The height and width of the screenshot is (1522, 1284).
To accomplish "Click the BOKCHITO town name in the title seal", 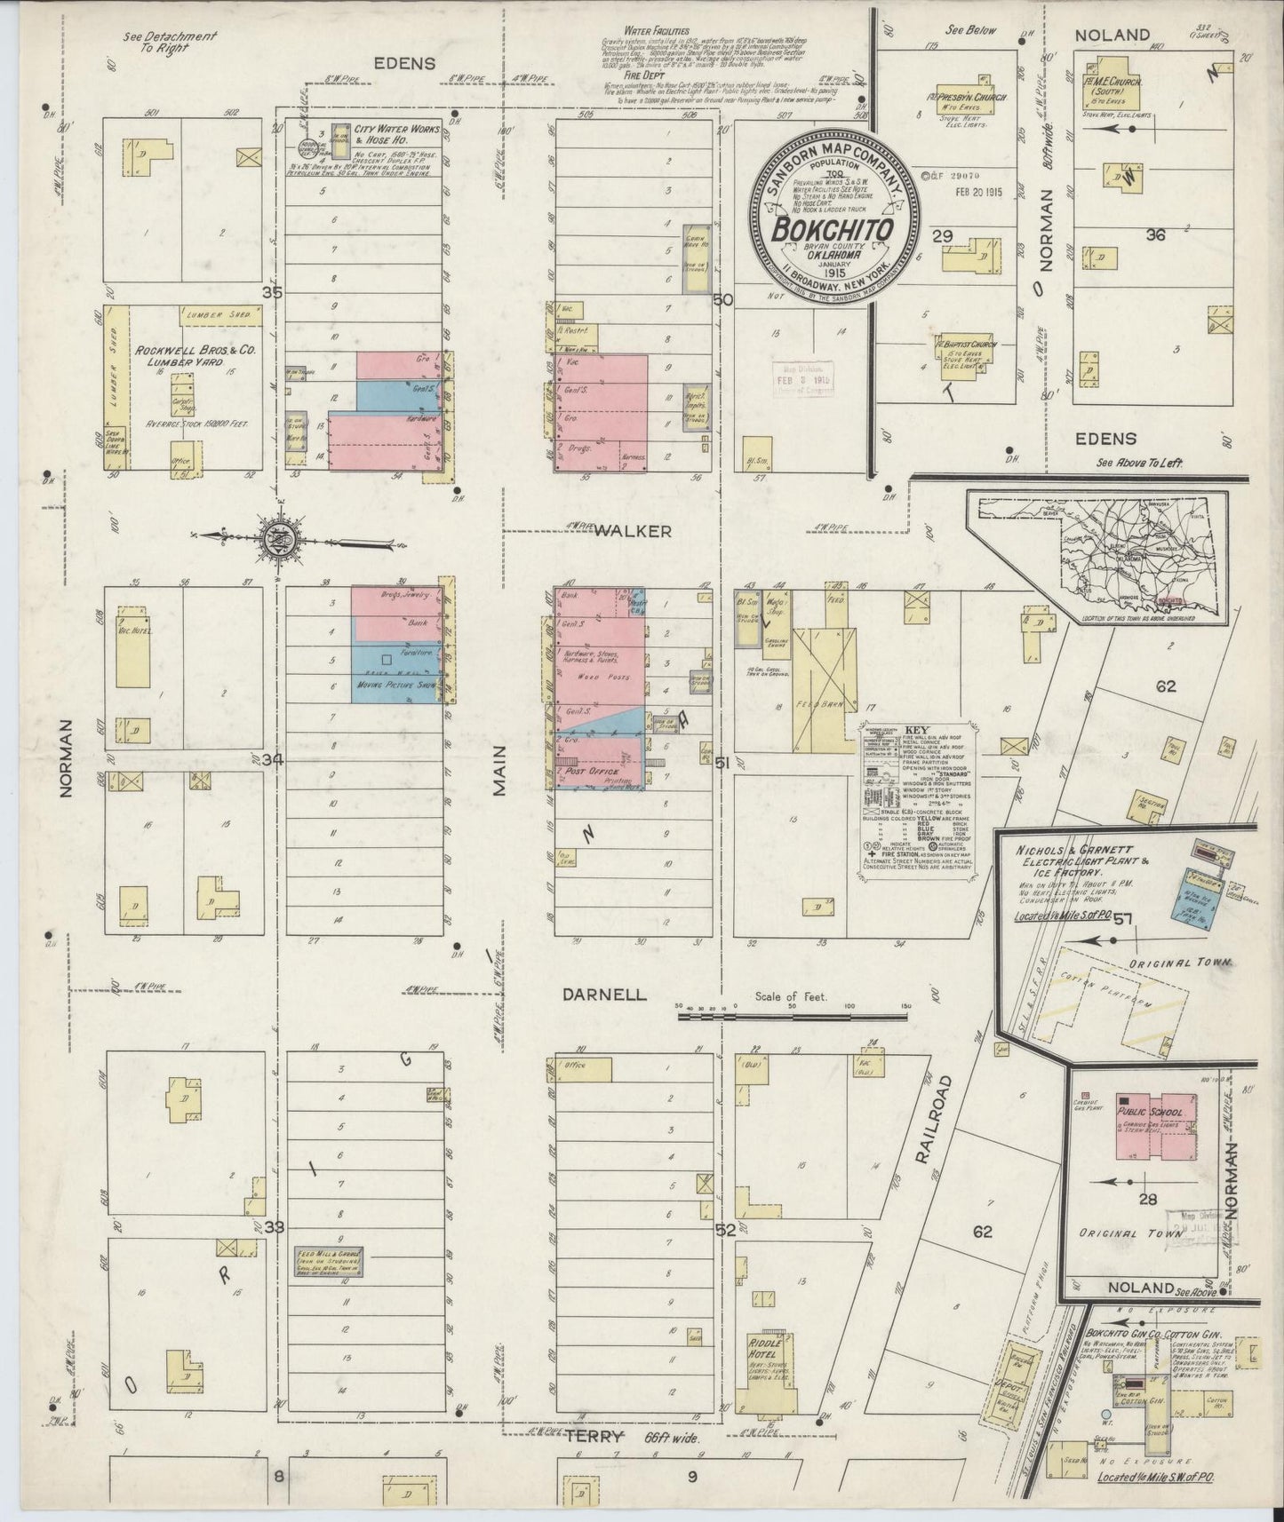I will point(832,229).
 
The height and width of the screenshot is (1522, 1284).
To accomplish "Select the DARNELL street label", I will point(604,995).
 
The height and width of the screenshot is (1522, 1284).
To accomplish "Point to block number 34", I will point(272,760).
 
